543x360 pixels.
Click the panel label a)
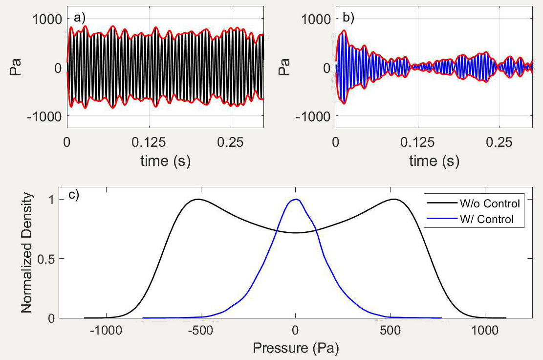(78, 18)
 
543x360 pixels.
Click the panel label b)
(347, 18)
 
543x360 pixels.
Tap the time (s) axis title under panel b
(434, 160)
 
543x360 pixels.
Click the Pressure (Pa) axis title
(295, 348)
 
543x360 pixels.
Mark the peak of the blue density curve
(296, 199)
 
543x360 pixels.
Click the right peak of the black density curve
(393, 199)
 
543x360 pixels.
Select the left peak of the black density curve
(198, 199)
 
